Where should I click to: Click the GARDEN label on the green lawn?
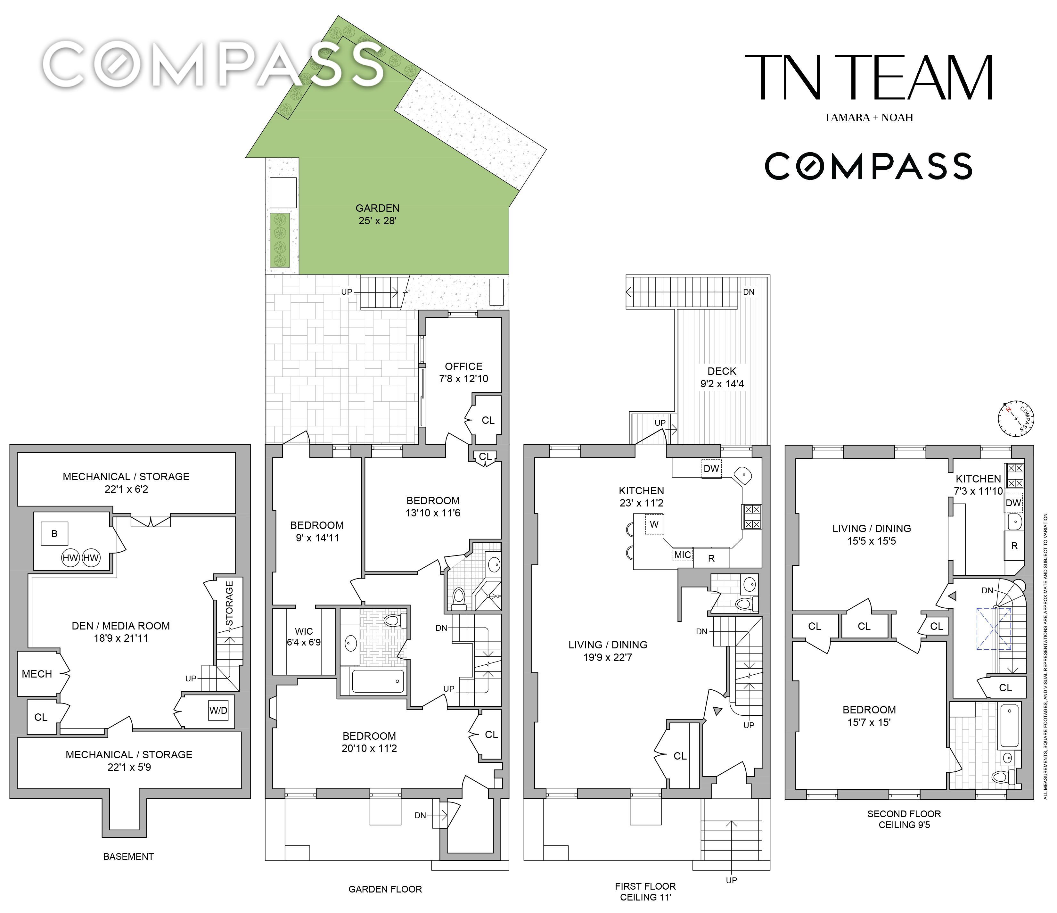(378, 208)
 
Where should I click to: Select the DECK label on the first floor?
(722, 371)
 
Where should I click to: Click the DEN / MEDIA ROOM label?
(121, 626)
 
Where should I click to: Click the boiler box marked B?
(54, 534)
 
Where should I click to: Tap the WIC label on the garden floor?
(304, 631)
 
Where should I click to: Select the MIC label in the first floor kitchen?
(683, 555)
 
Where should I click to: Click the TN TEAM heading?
(869, 78)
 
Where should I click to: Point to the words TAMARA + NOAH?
(869, 117)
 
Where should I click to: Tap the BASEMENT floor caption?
(128, 856)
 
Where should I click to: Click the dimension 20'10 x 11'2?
(369, 748)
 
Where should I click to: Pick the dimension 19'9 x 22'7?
(608, 657)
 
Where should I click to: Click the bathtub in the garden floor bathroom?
(378, 681)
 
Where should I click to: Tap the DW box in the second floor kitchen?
(1014, 503)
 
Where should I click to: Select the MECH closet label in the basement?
(37, 674)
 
